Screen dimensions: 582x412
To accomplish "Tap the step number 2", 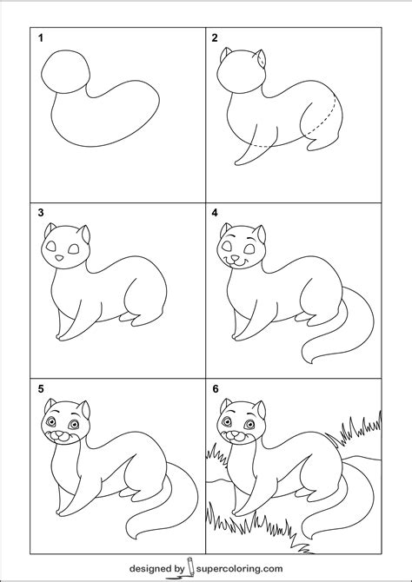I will click(x=214, y=37).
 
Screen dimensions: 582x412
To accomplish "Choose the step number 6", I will click(x=214, y=387).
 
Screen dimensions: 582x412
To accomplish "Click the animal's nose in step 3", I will click(x=57, y=257).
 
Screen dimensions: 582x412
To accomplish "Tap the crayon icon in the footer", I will click(x=189, y=567).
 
